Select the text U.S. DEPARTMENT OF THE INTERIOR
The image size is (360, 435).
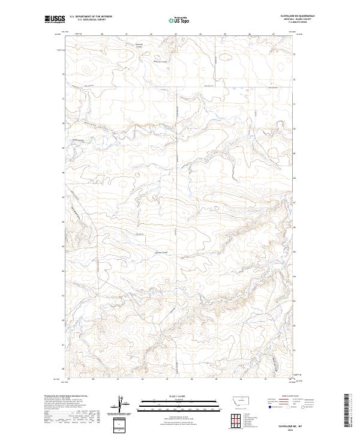point(91,17)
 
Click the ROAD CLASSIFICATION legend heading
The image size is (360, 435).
point(290,397)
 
